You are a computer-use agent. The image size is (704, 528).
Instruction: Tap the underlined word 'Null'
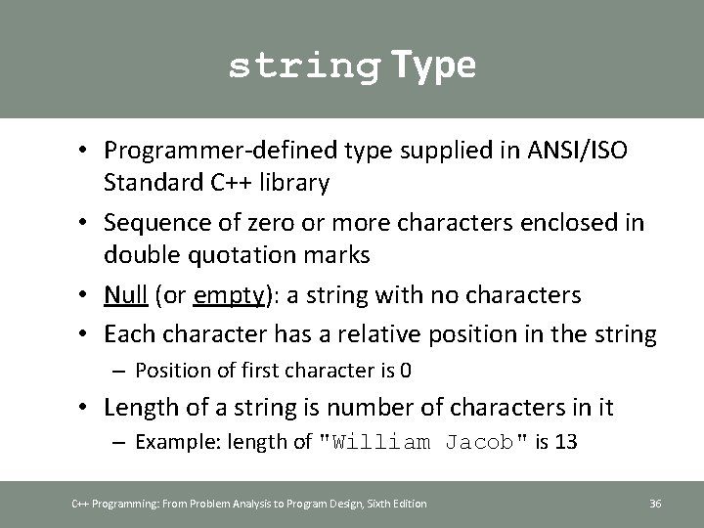(x=124, y=294)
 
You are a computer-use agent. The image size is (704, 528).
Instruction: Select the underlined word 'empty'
(x=230, y=294)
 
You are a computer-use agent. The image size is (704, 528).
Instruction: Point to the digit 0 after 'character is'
(x=407, y=370)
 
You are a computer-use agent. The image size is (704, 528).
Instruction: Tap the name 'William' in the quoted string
(x=382, y=442)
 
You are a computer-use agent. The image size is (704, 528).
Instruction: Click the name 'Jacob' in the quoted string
(x=480, y=442)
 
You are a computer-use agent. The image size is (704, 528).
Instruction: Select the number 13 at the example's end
(x=565, y=442)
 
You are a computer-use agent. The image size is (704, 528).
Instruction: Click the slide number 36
(x=655, y=504)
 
